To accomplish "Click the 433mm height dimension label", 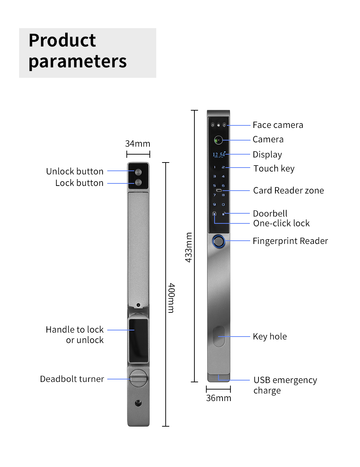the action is pos(189,247).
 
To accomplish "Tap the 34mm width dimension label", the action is pos(138,143).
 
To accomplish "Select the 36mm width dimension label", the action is pos(219,398).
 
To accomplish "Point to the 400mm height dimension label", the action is pos(171,298).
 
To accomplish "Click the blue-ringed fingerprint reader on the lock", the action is pos(219,241).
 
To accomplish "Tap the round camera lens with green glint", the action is pos(218,140).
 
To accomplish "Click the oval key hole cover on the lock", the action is pos(219,336).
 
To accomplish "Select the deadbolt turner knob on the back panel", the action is pos(139,378).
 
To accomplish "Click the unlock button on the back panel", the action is pos(138,172).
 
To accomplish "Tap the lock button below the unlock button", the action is pos(138,182).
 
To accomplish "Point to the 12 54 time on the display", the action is pos(219,155).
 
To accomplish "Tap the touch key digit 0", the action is pos(223,204).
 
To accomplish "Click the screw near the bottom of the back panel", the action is pos(138,403).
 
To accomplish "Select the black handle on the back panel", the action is pos(139,341).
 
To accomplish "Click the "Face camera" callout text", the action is pos(278,125).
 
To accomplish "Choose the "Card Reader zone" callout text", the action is pos(288,190).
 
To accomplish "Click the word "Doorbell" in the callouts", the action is pos(270,213).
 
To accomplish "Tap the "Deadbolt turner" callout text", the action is pos(72,379).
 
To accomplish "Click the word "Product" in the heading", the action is pos(62,40).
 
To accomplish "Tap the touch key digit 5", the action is pos(215,186).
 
